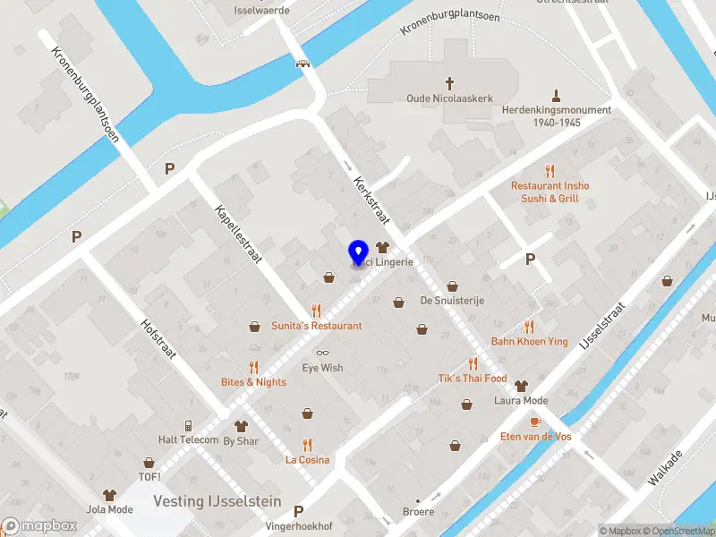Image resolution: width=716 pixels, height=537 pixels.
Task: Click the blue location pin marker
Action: tap(358, 251)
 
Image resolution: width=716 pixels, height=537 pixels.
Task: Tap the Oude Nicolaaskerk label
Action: tap(438, 98)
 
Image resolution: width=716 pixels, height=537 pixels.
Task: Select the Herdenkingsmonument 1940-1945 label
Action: tap(556, 115)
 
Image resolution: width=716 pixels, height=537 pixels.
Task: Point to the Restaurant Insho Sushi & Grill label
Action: tap(550, 192)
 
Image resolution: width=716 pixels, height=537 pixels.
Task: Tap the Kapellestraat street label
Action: tap(237, 234)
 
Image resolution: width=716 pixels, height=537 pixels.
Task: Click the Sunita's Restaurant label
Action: tap(317, 326)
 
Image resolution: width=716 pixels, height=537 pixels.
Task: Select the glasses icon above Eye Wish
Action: tap(322, 353)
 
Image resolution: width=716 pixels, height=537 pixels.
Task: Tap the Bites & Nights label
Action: tap(253, 382)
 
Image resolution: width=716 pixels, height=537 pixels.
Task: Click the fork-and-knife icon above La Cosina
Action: tap(307, 444)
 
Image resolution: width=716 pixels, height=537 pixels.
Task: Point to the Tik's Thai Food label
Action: tap(473, 379)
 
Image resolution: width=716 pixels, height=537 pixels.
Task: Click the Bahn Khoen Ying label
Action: tap(529, 342)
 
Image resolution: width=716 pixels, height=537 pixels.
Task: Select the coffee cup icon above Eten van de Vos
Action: tap(535, 421)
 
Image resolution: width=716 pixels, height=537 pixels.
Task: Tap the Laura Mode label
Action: tap(521, 400)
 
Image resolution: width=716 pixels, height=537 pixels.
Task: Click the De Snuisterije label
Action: tap(452, 301)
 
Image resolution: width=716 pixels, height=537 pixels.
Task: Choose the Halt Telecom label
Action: tap(188, 439)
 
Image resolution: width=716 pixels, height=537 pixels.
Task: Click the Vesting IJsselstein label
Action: tap(217, 501)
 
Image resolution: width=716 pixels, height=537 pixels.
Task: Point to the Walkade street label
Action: tap(666, 467)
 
